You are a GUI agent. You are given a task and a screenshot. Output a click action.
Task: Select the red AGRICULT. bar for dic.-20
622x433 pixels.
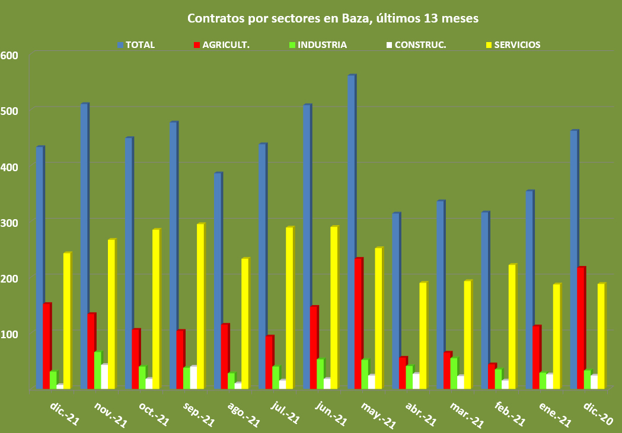coord(580,328)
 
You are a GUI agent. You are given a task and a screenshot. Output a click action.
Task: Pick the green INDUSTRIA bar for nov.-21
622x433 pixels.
coord(97,371)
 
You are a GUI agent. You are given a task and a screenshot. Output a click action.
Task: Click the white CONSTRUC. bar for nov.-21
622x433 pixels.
coord(104,377)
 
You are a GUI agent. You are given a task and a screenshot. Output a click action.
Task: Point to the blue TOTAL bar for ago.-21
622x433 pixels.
coord(218,281)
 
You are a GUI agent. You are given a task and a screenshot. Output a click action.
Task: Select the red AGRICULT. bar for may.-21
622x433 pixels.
coord(358,323)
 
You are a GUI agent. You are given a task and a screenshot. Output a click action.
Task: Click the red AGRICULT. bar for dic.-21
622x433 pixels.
coord(46,347)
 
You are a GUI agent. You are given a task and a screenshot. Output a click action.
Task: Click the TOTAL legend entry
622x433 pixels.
coord(140,45)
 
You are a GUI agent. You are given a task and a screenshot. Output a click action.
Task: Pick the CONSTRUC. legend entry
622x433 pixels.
coord(420,45)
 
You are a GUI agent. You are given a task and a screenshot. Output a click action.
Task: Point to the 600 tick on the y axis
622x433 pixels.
coord(9,55)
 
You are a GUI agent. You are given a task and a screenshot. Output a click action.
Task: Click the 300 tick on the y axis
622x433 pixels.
coord(9,222)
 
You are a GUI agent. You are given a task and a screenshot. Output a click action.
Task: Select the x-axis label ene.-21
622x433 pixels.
coord(555,412)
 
